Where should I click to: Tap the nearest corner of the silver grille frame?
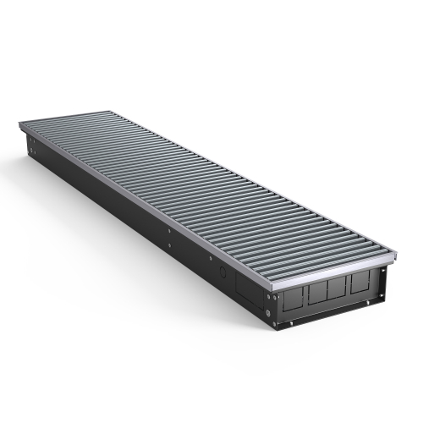point(272,288)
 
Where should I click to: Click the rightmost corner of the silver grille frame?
point(398,251)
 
